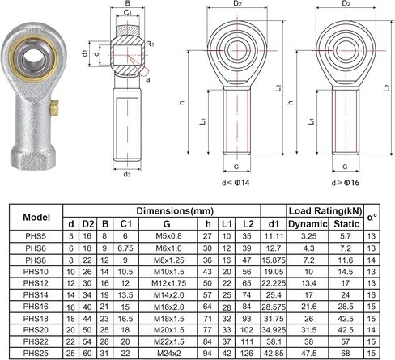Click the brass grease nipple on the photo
tap(54, 108)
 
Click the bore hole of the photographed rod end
tap(33, 59)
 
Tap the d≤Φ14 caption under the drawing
tap(236, 183)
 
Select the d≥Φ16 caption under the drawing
tap(346, 183)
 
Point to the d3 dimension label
tap(127, 174)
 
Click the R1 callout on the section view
tap(150, 44)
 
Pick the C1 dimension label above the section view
tap(128, 12)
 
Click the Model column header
tap(36, 217)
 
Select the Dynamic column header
tap(308, 224)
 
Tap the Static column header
tap(346, 224)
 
